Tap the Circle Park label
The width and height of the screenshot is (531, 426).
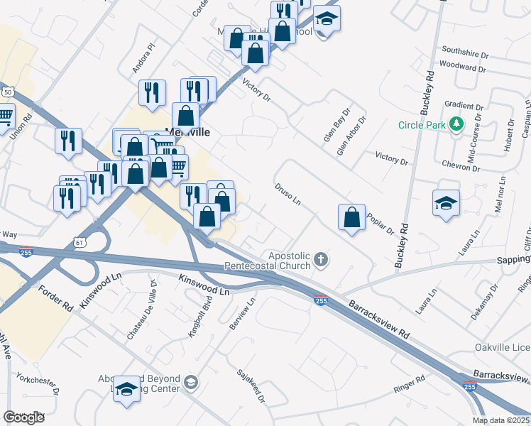pyautogui.click(x=422, y=126)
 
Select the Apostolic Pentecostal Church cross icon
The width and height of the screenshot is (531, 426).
pyautogui.click(x=321, y=260)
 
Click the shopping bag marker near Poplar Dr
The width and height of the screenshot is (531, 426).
pyautogui.click(x=352, y=218)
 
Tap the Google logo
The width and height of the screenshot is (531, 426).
pyautogui.click(x=23, y=417)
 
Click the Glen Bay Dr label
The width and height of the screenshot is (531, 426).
pyautogui.click(x=337, y=124)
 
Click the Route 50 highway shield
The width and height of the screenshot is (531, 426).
pyautogui.click(x=8, y=92)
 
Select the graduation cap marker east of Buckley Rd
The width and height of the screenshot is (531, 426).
pyautogui.click(x=446, y=202)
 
